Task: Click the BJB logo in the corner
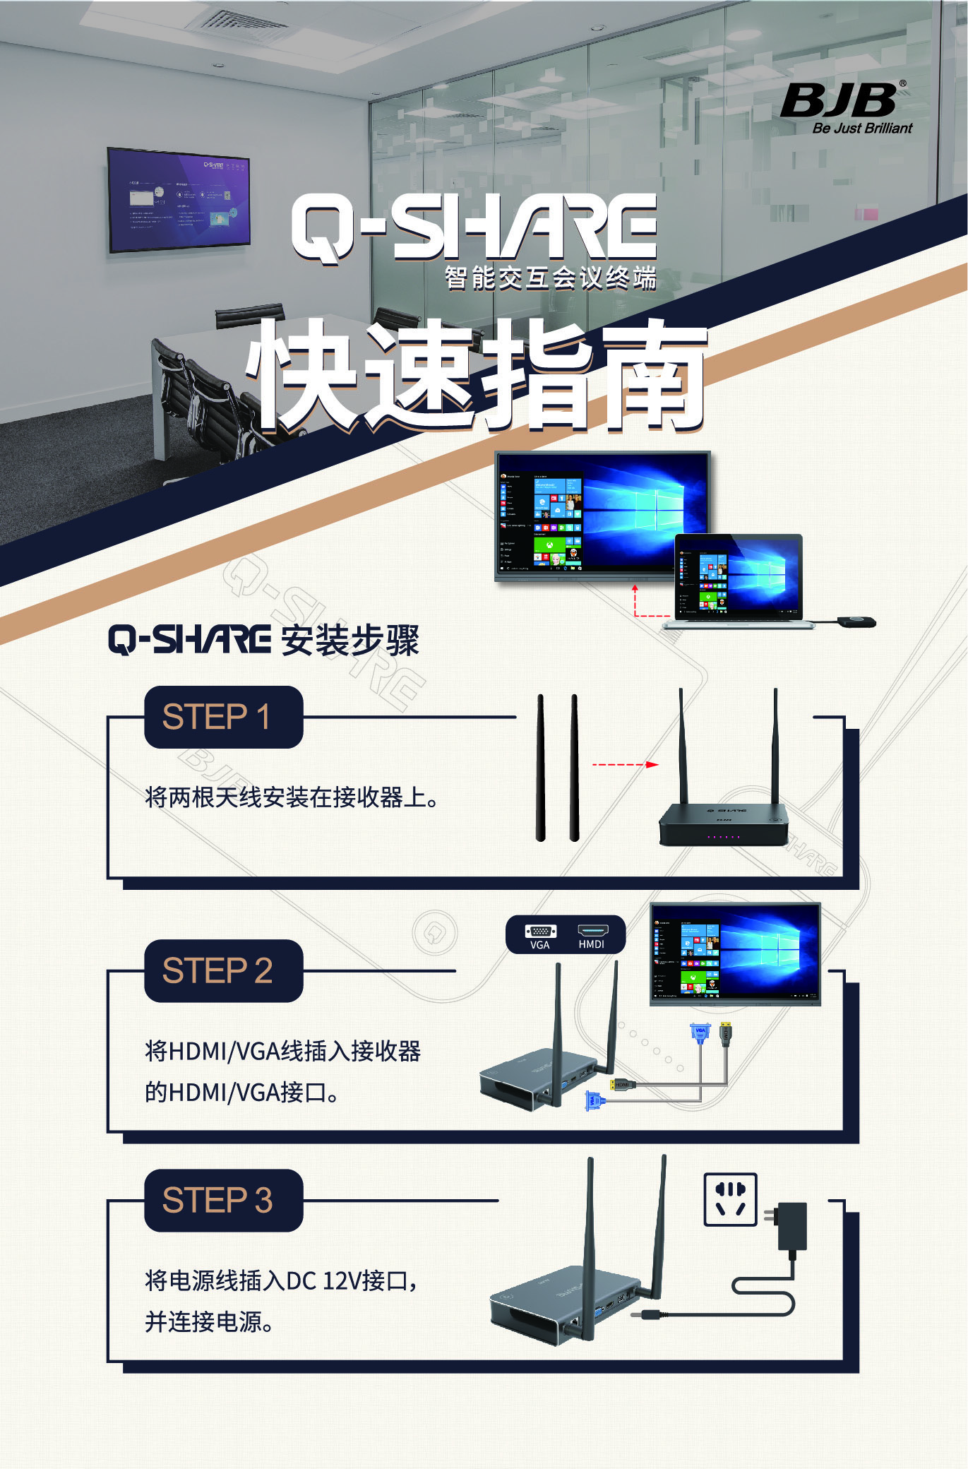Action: (x=839, y=100)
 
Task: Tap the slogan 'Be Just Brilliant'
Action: (x=862, y=129)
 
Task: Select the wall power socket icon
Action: (x=730, y=1199)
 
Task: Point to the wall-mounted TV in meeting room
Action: (x=179, y=199)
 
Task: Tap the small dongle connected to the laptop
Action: (x=856, y=621)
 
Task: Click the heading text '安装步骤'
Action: (x=350, y=641)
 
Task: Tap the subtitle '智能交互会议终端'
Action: (x=550, y=278)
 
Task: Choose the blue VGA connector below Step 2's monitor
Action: (x=699, y=1034)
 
